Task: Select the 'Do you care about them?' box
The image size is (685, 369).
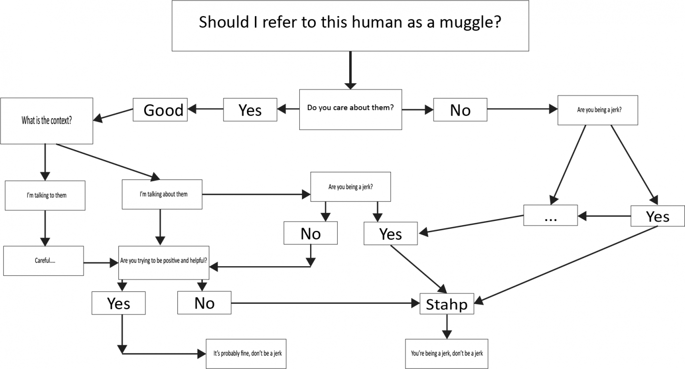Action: pyautogui.click(x=350, y=109)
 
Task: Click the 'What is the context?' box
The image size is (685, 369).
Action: pyautogui.click(x=47, y=120)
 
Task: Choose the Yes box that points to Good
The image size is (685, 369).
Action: pyautogui.click(x=250, y=110)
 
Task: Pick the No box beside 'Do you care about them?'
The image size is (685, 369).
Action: pyautogui.click(x=460, y=110)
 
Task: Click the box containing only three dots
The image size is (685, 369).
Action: pyautogui.click(x=550, y=215)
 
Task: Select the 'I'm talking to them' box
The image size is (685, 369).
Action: pyautogui.click(x=45, y=195)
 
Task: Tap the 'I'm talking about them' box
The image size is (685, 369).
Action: pyautogui.click(x=162, y=194)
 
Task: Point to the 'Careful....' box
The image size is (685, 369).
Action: pyautogui.click(x=43, y=261)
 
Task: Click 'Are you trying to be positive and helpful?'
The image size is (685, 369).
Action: pyautogui.click(x=164, y=261)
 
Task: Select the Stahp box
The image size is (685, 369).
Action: pyautogui.click(x=447, y=303)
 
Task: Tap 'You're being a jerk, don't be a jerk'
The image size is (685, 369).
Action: pyautogui.click(x=447, y=353)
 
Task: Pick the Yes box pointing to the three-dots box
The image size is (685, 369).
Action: pyautogui.click(x=657, y=216)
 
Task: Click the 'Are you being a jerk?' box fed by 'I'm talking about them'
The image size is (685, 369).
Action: pyautogui.click(x=350, y=187)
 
